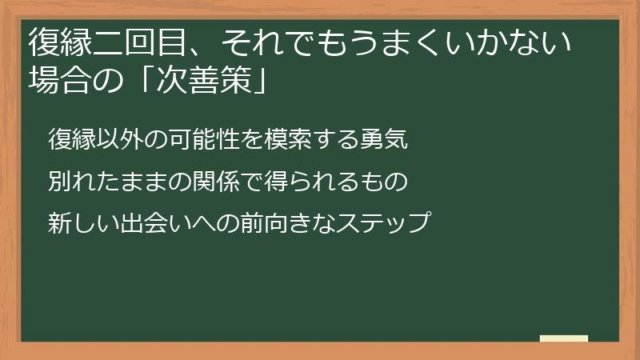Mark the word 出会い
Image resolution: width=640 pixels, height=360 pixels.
pyautogui.click(x=159, y=222)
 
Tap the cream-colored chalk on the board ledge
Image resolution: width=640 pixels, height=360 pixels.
pyautogui.click(x=564, y=338)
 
